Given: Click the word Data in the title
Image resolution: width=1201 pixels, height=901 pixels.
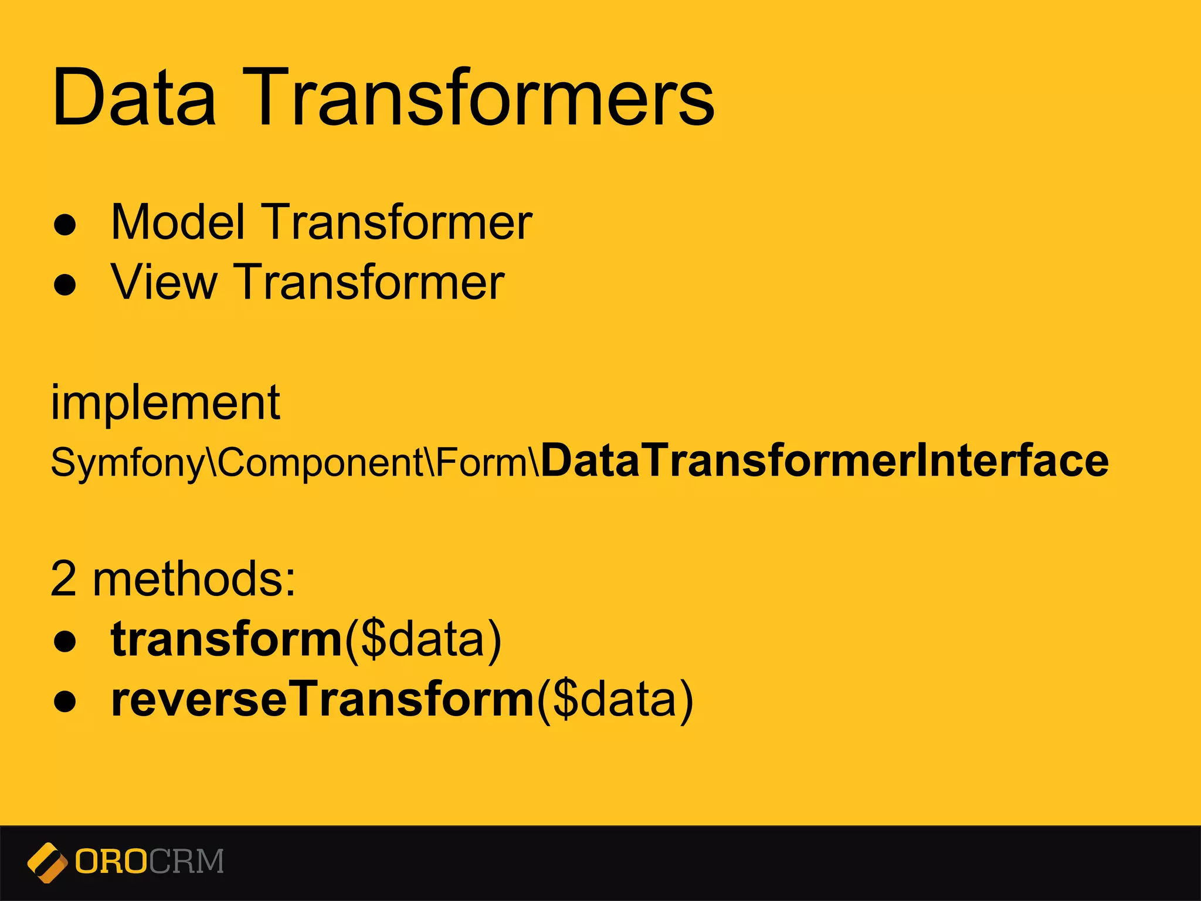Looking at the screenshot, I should pos(134,97).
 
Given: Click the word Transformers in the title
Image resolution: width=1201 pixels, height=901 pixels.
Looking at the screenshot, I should pos(484,97).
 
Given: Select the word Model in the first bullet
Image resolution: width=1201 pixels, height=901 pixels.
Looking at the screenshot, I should pos(178,222).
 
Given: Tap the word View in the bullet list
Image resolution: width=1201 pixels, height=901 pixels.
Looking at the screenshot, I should pos(164,282).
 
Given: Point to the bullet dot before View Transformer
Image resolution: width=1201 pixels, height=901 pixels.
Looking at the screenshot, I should pos(65,286).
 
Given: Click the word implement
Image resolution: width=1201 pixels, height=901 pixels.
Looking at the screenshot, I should pos(166,404).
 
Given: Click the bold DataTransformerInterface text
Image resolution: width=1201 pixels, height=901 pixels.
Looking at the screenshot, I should pos(825,461).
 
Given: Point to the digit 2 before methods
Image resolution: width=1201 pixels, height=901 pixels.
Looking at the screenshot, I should pos(63,580).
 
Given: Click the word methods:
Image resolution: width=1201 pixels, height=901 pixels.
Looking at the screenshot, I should pos(194,580).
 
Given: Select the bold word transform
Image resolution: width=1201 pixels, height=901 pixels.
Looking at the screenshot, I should pos(226,639).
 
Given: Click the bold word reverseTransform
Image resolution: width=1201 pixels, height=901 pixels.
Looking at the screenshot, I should pos(323,699).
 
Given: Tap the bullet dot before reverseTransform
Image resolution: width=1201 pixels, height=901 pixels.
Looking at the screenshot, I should pos(65,702).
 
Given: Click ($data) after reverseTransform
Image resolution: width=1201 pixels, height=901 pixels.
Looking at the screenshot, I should pos(615,700).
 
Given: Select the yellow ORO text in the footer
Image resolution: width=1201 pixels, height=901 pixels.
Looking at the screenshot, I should pos(111,862).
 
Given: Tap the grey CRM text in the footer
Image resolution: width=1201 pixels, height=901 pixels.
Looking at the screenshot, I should pos(186,862).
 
